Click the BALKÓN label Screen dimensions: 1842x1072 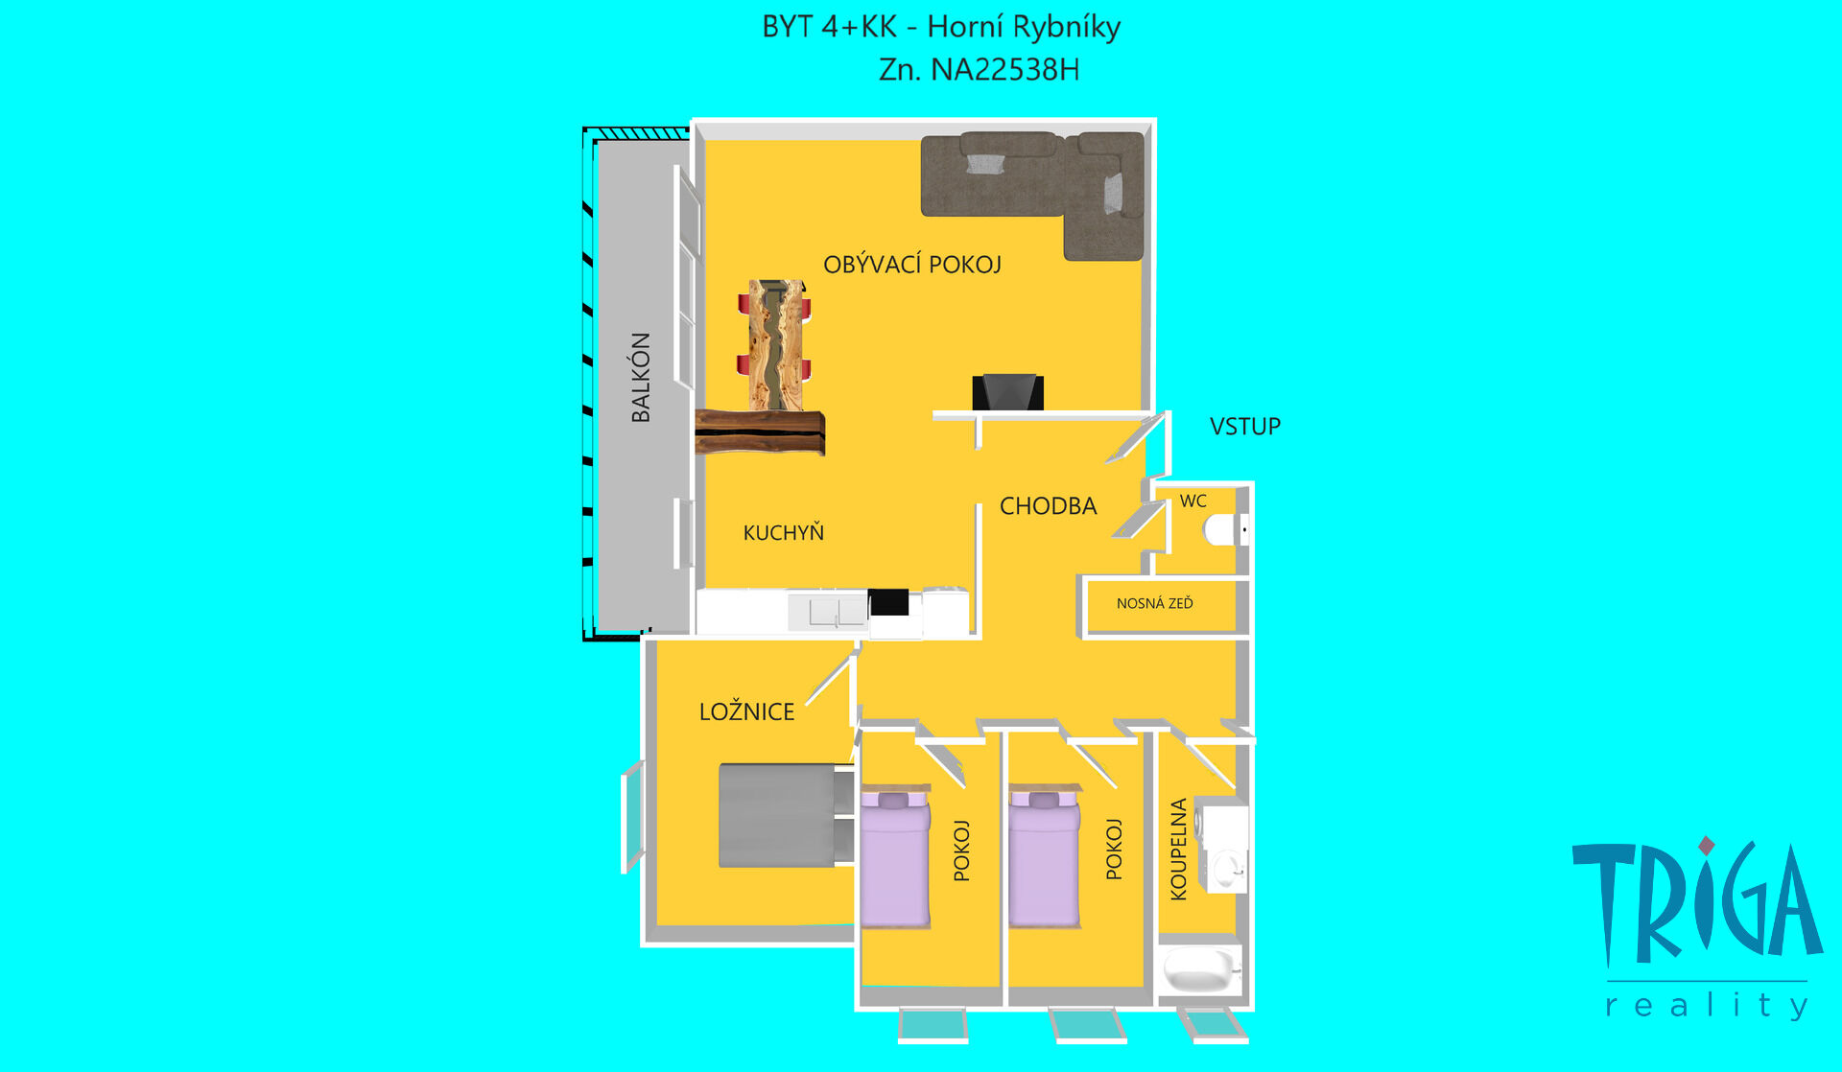(641, 377)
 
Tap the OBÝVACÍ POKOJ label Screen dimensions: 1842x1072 (912, 265)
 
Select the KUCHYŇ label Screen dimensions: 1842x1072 (783, 532)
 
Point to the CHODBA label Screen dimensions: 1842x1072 (1048, 506)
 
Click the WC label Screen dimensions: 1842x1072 (1193, 501)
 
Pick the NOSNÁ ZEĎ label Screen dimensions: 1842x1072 (1155, 603)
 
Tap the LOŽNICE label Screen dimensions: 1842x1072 (746, 711)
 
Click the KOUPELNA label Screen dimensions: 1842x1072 (1179, 850)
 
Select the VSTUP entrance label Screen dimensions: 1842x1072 (1245, 426)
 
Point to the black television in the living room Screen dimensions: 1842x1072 (1007, 392)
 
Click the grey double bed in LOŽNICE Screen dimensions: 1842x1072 (787, 815)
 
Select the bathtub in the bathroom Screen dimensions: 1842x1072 (1201, 970)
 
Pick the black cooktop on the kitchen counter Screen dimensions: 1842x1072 (888, 602)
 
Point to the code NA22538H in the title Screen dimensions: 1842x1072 (1004, 70)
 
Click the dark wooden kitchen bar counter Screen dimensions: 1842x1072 (760, 431)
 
